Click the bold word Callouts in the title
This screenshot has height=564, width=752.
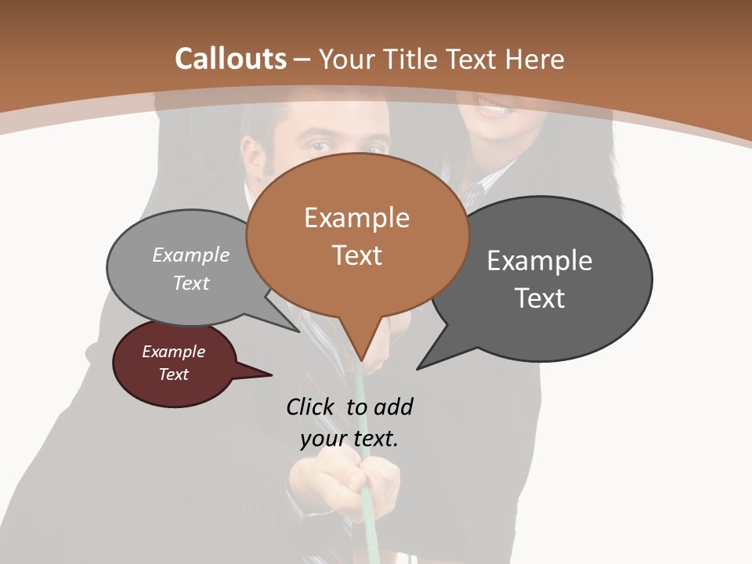tap(230, 59)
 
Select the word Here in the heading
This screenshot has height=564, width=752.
tap(536, 59)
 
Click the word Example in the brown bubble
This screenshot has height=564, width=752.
tap(356, 218)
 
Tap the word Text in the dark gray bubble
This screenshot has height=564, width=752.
tap(540, 298)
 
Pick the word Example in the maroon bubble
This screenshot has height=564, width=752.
tap(173, 352)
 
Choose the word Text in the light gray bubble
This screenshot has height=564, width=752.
tap(191, 283)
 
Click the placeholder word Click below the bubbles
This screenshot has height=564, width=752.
tap(311, 407)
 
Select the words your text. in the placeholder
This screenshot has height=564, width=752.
tap(349, 439)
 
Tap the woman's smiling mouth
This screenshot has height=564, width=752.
tap(492, 110)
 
